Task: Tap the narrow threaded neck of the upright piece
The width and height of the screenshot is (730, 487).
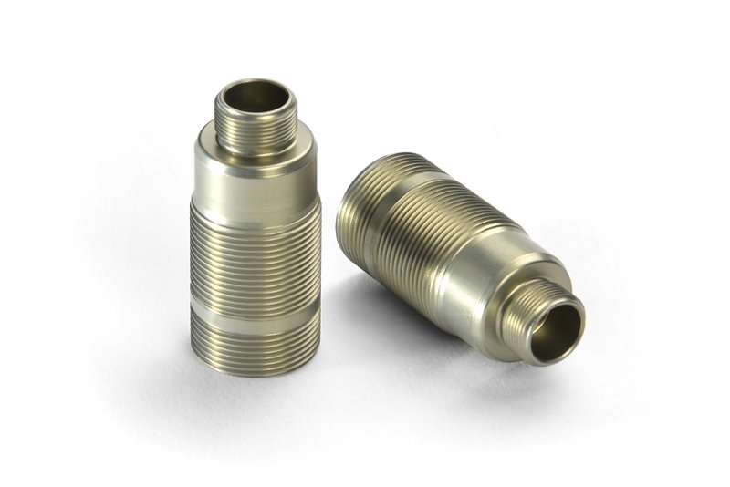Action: click(x=255, y=128)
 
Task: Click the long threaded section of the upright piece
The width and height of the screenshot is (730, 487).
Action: click(x=255, y=255)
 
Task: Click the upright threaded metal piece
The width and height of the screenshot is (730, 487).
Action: click(x=255, y=228)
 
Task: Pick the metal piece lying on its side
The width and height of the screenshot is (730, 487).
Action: click(x=447, y=246)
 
